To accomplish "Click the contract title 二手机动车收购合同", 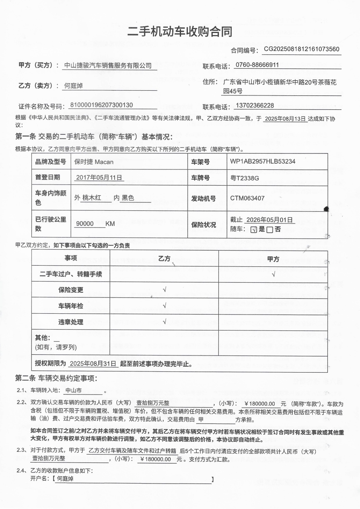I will pyautogui.click(x=180, y=31).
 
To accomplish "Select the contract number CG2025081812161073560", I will pyautogui.click(x=302, y=49).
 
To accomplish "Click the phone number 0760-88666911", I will pyautogui.click(x=257, y=65).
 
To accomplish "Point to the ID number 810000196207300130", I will pyautogui.click(x=101, y=105).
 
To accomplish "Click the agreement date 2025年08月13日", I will pyautogui.click(x=286, y=119).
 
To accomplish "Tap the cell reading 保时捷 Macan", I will pyautogui.click(x=94, y=161).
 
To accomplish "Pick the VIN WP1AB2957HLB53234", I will pyautogui.click(x=263, y=161).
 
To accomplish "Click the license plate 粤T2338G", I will pyautogui.click(x=245, y=178).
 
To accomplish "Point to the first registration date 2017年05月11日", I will pyautogui.click(x=99, y=178).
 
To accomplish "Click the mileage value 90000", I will pyautogui.click(x=85, y=224).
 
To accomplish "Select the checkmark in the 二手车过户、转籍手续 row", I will pyautogui.click(x=273, y=274).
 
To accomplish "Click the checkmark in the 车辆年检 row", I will pyautogui.click(x=164, y=306).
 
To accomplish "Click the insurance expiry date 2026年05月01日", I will pyautogui.click(x=270, y=220).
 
